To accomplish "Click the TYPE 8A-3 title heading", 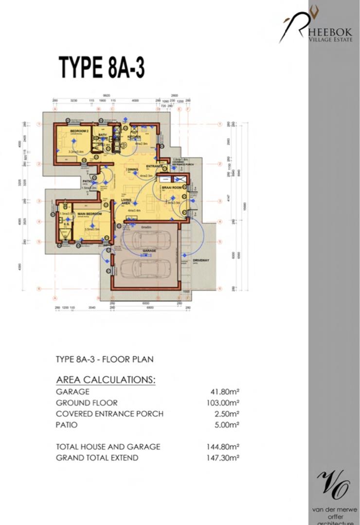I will [x=102, y=67].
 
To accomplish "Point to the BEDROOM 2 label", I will [x=79, y=131].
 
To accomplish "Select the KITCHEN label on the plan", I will [x=134, y=138].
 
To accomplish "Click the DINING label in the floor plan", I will [x=132, y=170].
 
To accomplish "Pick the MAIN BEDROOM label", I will [x=92, y=214].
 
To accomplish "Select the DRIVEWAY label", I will [x=200, y=261].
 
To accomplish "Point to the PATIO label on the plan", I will [x=88, y=181].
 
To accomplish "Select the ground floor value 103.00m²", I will [x=223, y=403].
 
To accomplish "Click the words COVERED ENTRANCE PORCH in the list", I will [x=109, y=414].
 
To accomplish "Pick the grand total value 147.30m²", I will [x=223, y=457].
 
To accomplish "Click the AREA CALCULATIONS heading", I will [x=106, y=380].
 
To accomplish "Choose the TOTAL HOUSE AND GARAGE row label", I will [x=108, y=446].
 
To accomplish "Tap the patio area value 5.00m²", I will [x=227, y=425].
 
